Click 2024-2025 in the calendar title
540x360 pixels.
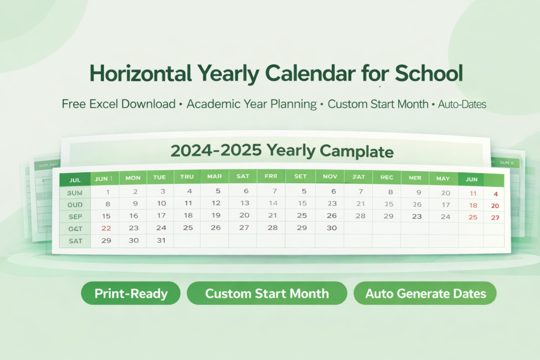point(216,151)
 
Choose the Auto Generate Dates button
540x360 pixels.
point(425,293)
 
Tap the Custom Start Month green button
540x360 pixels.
point(267,293)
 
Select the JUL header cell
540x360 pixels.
point(75,180)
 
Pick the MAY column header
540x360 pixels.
point(443,179)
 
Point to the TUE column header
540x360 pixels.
point(159,178)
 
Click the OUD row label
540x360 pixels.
point(75,204)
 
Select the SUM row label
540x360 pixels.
point(75,193)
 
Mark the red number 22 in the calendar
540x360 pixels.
point(106,228)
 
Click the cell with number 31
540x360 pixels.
point(161,240)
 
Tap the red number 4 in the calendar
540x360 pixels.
point(495,194)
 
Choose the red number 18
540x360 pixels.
point(473,206)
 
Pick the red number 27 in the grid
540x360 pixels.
point(495,218)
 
